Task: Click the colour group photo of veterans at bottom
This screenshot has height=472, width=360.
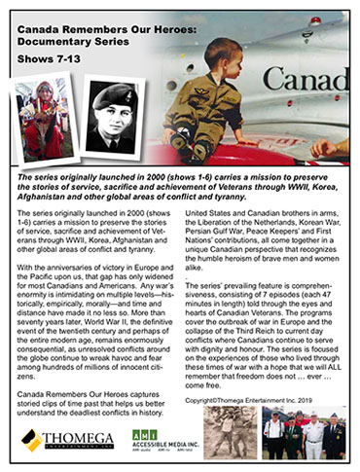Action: click(304, 432)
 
